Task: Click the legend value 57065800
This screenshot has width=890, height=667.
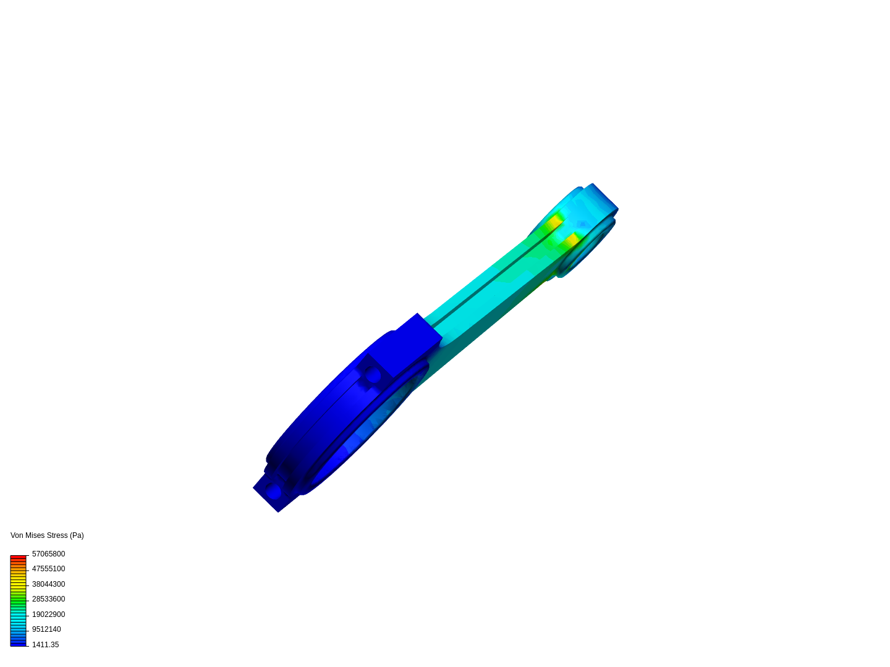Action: pos(48,554)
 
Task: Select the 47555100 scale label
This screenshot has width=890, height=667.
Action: pos(48,569)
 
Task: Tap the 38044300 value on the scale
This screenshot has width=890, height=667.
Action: pos(48,584)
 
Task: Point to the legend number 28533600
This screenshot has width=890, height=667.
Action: pos(48,599)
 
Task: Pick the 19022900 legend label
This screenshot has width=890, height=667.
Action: pos(48,615)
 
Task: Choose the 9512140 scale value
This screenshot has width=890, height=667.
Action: pos(46,629)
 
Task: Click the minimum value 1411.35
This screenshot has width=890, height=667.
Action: pos(45,645)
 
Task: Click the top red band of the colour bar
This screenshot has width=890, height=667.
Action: pos(18,557)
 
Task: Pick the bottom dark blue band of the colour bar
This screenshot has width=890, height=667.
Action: pos(18,644)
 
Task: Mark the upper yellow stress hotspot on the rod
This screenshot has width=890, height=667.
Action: pos(554,221)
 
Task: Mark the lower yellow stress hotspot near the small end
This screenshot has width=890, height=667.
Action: pos(572,239)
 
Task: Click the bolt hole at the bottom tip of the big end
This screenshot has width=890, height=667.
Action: pos(273,492)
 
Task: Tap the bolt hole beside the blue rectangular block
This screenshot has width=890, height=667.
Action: pos(372,375)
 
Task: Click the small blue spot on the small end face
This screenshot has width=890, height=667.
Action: pos(582,224)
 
